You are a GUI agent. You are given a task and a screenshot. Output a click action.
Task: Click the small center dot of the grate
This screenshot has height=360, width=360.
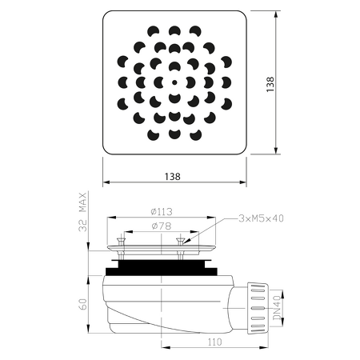[x=174, y=82]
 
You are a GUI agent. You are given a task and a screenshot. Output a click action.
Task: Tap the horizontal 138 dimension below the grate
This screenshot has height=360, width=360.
[x=172, y=177]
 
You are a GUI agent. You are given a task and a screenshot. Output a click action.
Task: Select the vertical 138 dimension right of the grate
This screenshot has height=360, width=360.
[x=270, y=84]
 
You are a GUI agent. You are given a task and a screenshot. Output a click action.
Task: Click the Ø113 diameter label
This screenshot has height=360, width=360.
[x=162, y=212]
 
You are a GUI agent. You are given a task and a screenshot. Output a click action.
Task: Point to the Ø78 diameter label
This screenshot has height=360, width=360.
[x=162, y=226]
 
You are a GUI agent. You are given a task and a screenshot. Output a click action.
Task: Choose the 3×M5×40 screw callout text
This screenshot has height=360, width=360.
[x=261, y=218]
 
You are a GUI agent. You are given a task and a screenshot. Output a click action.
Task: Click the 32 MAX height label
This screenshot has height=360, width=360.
[x=83, y=212]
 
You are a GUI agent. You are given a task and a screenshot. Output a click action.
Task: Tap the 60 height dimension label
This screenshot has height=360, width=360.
[x=83, y=304]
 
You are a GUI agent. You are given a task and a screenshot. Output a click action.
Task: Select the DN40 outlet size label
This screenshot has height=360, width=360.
[x=277, y=307]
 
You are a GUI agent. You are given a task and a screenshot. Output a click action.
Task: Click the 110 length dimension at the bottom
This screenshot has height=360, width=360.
[x=214, y=342]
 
